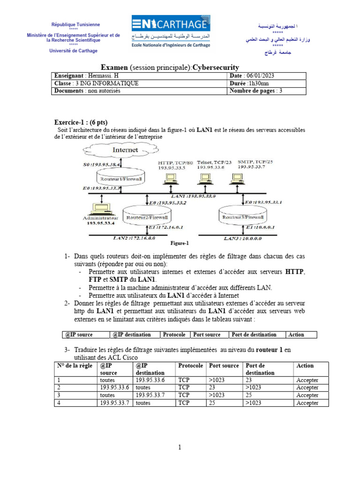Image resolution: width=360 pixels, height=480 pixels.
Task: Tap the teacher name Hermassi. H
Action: coord(102,76)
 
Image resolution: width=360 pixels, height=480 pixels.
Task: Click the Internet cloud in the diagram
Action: coord(125,150)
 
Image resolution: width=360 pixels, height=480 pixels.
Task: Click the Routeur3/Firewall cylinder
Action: coord(242,217)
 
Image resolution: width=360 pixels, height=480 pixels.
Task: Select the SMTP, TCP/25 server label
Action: coord(255,162)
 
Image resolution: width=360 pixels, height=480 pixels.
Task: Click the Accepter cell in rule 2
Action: coord(307,388)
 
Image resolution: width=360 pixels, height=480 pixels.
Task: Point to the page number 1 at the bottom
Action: coord(180,448)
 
